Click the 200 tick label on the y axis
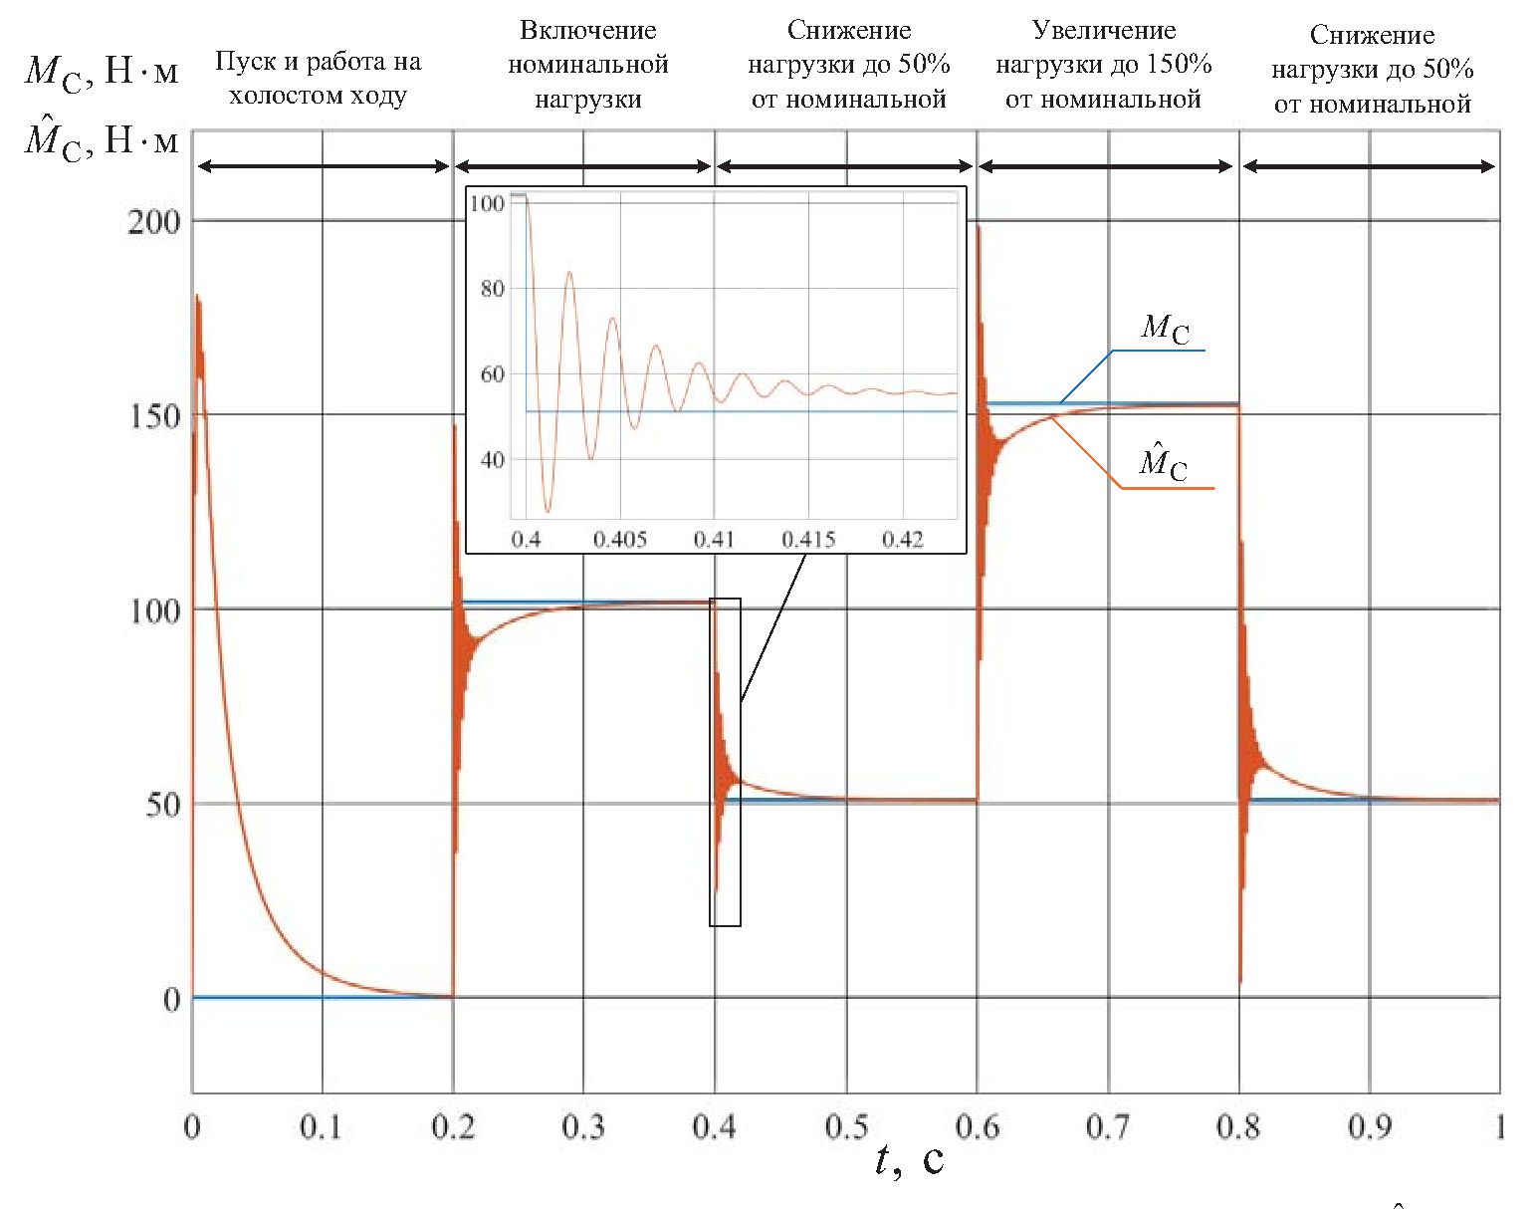[x=154, y=221]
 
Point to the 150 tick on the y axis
[x=154, y=416]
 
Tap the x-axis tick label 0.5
[x=846, y=1127]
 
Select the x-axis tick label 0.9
[x=1370, y=1127]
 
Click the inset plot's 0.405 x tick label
[x=620, y=540]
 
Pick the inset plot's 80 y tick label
[x=492, y=289]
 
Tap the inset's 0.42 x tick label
[x=902, y=540]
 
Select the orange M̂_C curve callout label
[x=1164, y=463]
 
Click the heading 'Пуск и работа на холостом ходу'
[x=318, y=79]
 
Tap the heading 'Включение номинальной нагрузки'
[x=587, y=65]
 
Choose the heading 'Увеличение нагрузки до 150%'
[x=1103, y=65]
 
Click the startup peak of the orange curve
[x=197, y=296]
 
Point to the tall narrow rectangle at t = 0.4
[x=725, y=762]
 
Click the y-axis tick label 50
[x=163, y=805]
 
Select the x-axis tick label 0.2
[x=453, y=1127]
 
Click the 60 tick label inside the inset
[x=492, y=374]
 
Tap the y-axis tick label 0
[x=172, y=999]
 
